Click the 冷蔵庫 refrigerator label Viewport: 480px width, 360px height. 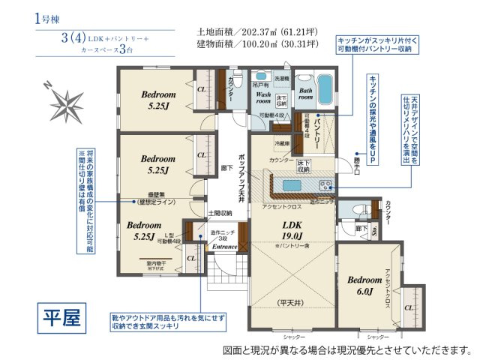coord(282,142)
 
